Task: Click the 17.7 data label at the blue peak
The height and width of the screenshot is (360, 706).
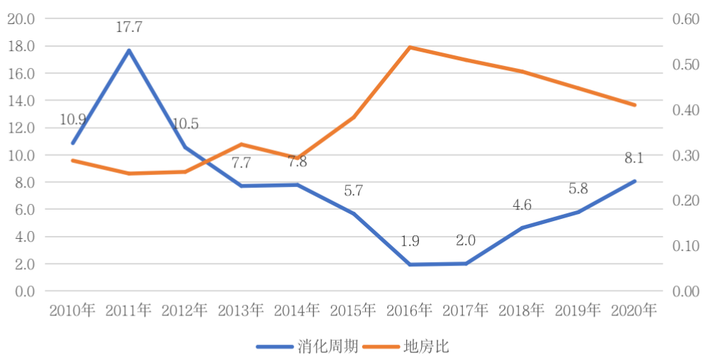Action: [x=129, y=28]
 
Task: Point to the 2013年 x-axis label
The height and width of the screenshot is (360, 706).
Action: [x=241, y=310]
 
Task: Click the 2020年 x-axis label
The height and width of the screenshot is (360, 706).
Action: [x=634, y=310]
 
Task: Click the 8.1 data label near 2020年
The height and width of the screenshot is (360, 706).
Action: [x=634, y=158]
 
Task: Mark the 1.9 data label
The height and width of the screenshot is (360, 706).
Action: [x=410, y=241]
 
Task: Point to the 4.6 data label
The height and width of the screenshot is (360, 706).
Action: [x=522, y=206]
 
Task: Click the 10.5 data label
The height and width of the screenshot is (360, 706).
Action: [x=185, y=124]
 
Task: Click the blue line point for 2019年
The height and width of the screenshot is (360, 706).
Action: [x=578, y=212]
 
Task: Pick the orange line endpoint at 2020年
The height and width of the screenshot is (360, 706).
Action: [x=634, y=105]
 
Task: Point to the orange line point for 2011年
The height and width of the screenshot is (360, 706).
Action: [x=129, y=174]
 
